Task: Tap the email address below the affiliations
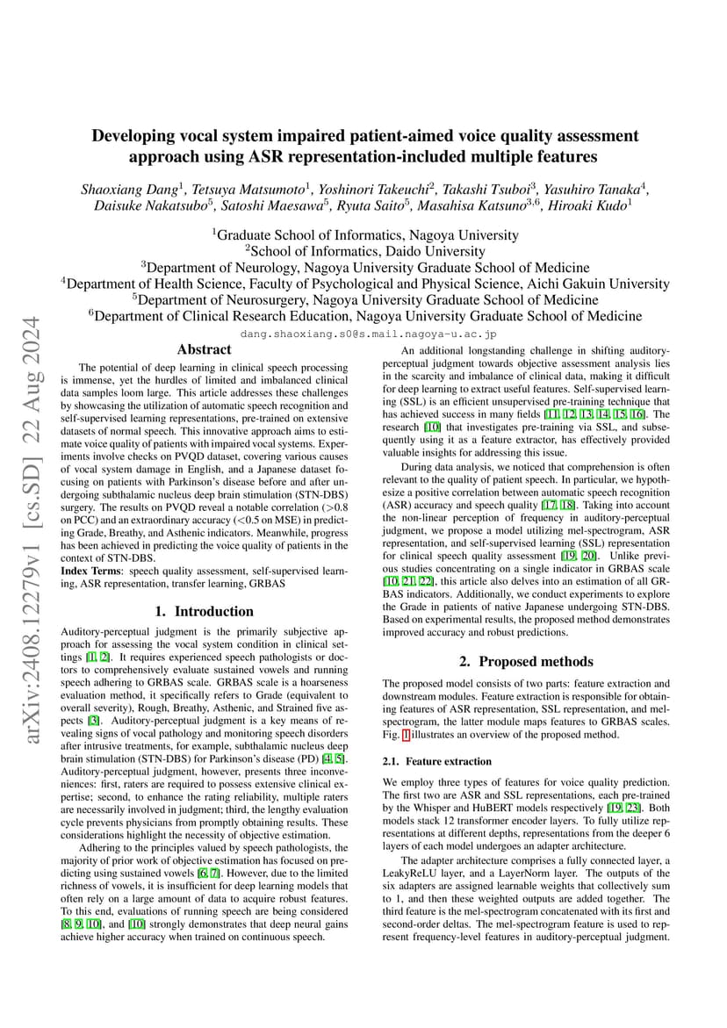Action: coord(368,334)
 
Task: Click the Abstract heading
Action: coord(204,349)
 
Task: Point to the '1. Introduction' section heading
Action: coord(204,611)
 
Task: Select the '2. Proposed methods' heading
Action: coord(526,661)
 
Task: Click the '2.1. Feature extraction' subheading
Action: coord(437,760)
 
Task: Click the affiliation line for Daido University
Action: coord(363,251)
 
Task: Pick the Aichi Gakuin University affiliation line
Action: coord(363,284)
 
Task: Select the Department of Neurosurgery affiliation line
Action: coord(363,299)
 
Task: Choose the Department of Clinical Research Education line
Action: coord(363,316)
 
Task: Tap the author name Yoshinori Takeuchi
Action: coord(383,189)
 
